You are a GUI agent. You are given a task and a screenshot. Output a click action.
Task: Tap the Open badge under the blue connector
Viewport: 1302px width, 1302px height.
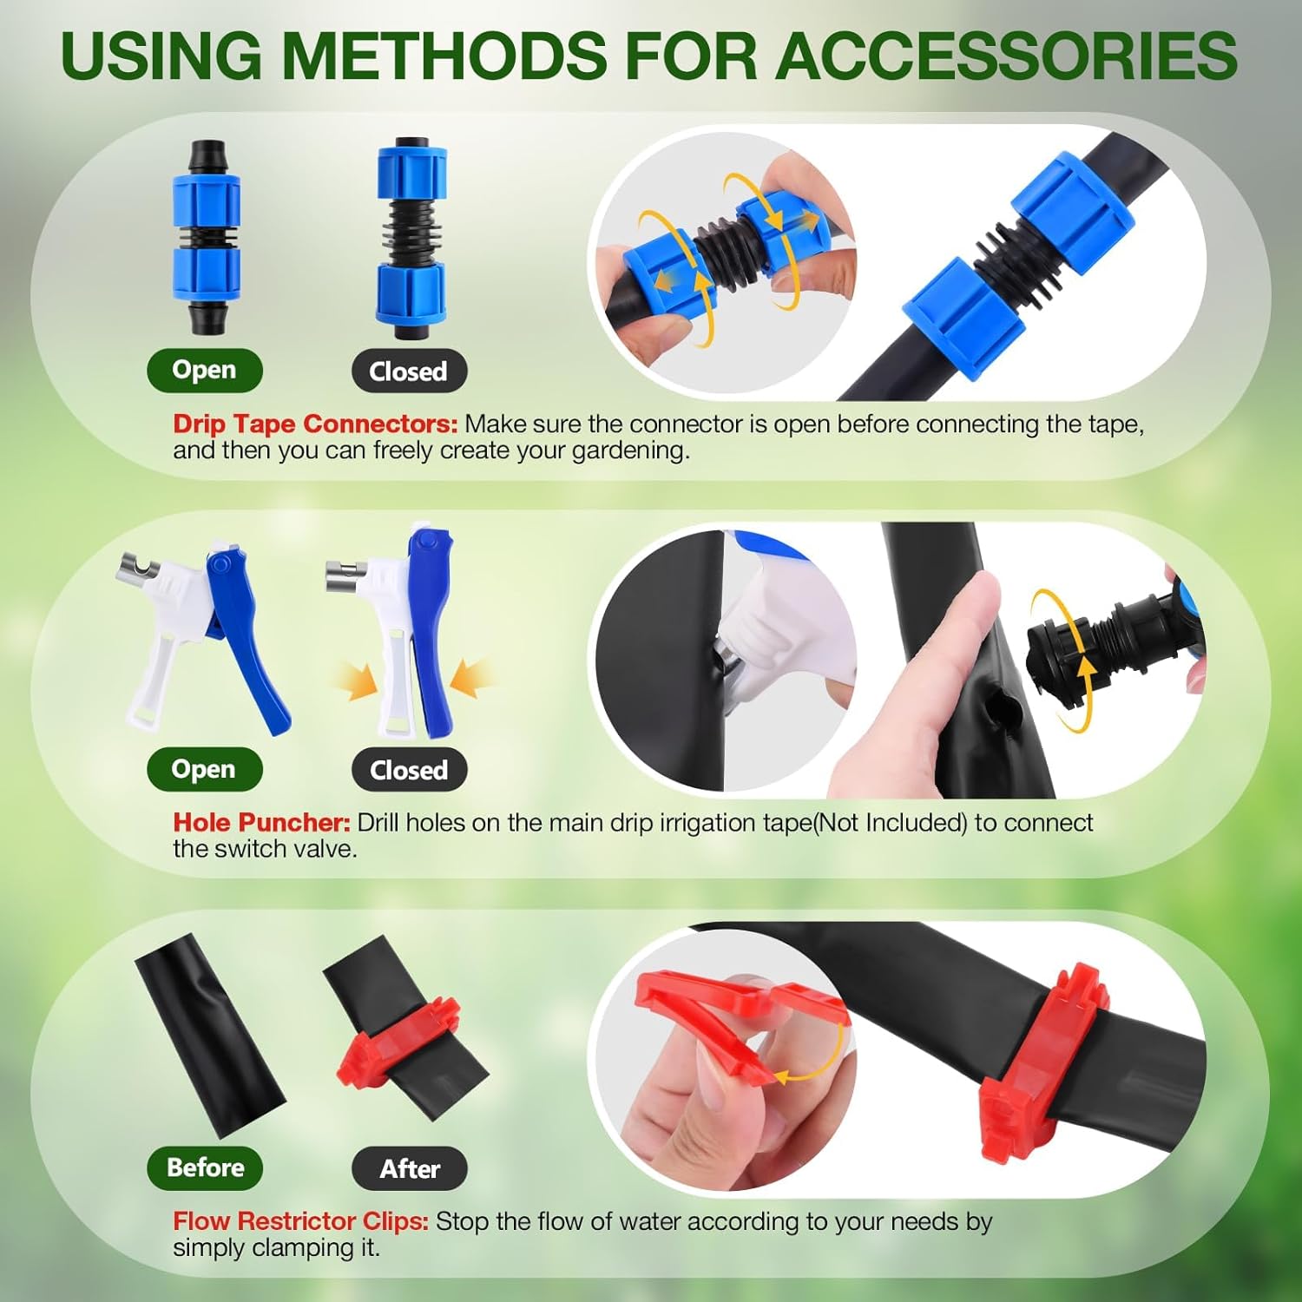pyautogui.click(x=204, y=370)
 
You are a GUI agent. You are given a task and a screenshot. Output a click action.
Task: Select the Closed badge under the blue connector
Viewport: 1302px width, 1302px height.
pyautogui.click(x=409, y=372)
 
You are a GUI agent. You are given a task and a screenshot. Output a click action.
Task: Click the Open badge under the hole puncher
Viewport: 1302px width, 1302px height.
pyautogui.click(x=204, y=769)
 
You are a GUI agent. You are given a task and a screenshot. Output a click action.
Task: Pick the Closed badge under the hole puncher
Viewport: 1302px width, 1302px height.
pyautogui.click(x=409, y=770)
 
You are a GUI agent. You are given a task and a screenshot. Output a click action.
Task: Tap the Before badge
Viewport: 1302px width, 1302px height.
pyautogui.click(x=205, y=1167)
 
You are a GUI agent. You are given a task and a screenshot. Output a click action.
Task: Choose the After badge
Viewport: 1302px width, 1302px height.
pyautogui.click(x=410, y=1168)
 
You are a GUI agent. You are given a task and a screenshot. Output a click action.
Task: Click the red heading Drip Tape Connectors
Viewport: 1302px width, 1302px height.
pyautogui.click(x=315, y=424)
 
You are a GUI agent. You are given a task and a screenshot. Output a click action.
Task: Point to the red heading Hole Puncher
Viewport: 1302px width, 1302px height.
pyautogui.click(x=261, y=822)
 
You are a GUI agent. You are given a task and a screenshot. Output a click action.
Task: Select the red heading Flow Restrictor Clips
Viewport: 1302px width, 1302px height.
pyautogui.click(x=300, y=1221)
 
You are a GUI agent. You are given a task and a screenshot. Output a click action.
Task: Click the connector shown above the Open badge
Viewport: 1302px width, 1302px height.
pyautogui.click(x=206, y=236)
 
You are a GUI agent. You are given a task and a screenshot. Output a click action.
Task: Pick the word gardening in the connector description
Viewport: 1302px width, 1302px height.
pyautogui.click(x=629, y=451)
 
